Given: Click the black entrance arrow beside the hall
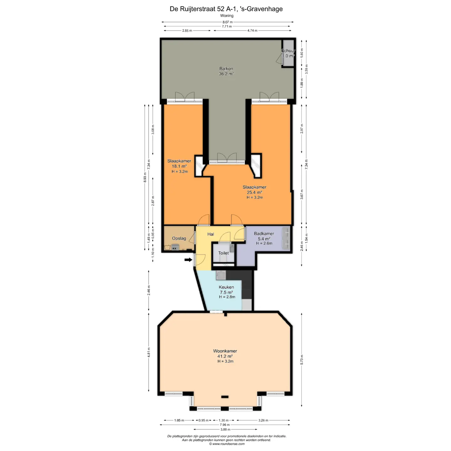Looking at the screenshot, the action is [x=188, y=260].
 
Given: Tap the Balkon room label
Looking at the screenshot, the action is [x=226, y=69].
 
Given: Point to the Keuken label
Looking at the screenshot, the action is [x=226, y=287].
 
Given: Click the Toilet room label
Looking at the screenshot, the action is [x=224, y=253].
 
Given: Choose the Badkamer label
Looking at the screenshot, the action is [x=264, y=233].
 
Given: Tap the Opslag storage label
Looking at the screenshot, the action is [x=179, y=238].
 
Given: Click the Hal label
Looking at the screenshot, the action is [x=211, y=234].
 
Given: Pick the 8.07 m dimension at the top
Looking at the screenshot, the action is [x=227, y=22].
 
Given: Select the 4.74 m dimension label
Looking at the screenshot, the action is [x=252, y=30].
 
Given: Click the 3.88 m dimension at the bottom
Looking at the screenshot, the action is [x=225, y=429].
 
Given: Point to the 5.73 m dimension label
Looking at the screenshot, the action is [x=302, y=360].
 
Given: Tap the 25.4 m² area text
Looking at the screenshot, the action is [x=254, y=192].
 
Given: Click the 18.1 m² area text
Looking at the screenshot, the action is [x=179, y=166].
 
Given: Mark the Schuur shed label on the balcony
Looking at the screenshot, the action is [x=288, y=50].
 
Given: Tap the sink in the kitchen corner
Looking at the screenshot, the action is [x=221, y=275].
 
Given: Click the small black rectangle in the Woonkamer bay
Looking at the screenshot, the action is [x=225, y=397].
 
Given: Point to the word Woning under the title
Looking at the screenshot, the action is [x=226, y=16].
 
